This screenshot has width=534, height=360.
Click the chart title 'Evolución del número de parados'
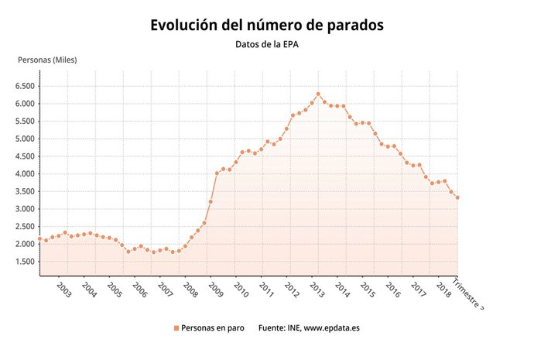tap(267, 25)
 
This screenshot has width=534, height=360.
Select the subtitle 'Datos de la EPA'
tap(267, 44)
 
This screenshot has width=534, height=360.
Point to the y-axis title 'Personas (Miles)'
tap(48, 60)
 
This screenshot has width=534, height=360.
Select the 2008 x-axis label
tap(190, 290)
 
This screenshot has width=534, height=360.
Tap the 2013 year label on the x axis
tap(317, 290)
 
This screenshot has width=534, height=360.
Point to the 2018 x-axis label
tap(444, 290)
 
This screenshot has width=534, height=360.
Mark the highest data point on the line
tap(318, 94)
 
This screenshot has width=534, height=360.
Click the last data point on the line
tap(457, 197)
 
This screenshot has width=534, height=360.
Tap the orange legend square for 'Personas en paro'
tap(176, 328)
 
